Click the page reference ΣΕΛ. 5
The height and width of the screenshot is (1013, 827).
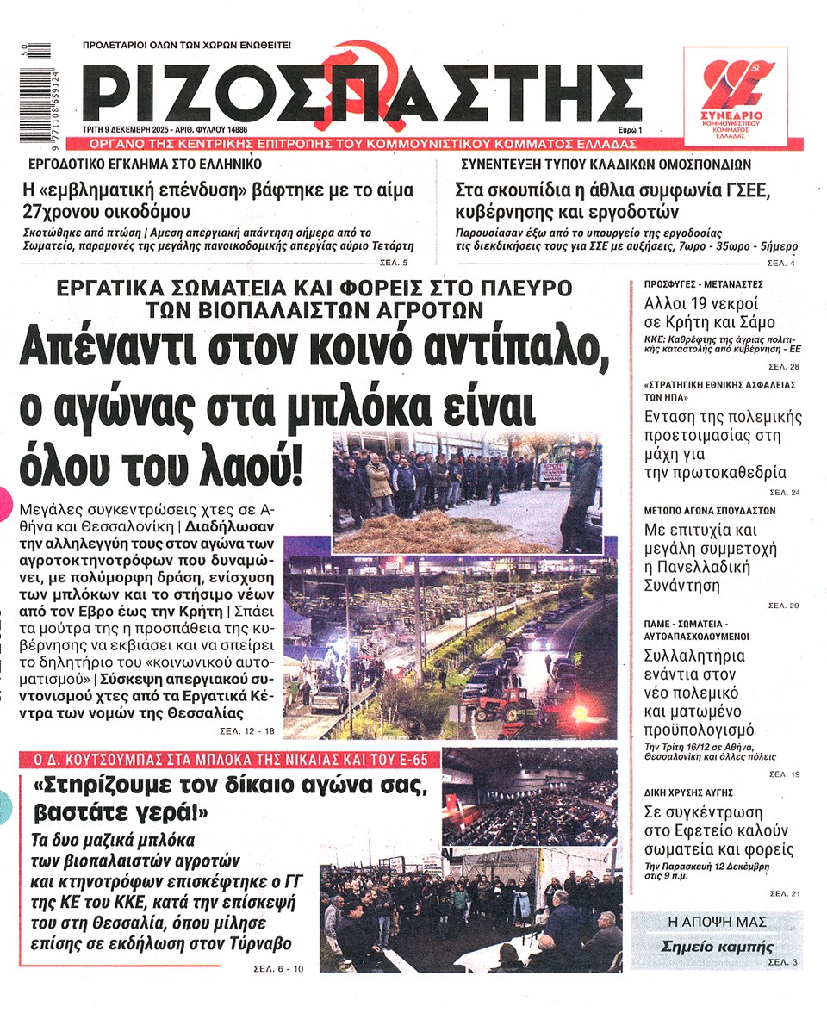(x=394, y=262)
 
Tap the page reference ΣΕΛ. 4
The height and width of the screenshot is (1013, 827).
(x=781, y=262)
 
